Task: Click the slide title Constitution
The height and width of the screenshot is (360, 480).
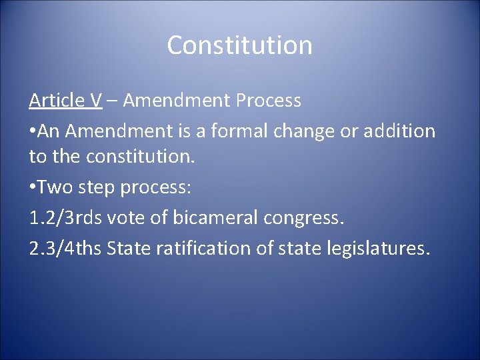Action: pyautogui.click(x=239, y=45)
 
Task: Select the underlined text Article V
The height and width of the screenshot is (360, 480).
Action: pyautogui.click(x=65, y=101)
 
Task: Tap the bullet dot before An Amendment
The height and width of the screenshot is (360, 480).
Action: pyautogui.click(x=33, y=131)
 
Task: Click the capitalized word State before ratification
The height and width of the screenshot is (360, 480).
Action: pyautogui.click(x=129, y=249)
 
